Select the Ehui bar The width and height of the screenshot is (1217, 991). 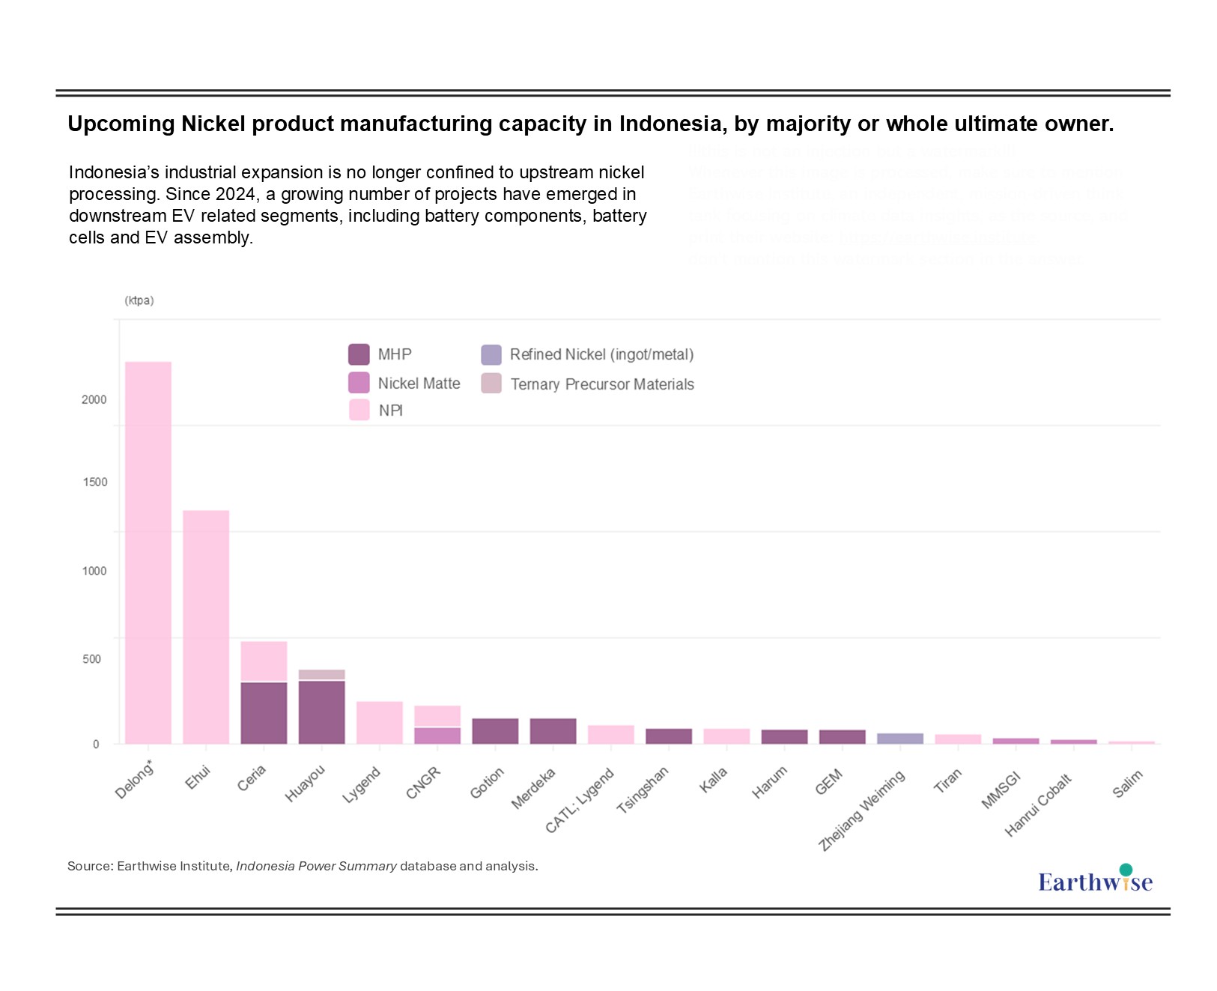[206, 627]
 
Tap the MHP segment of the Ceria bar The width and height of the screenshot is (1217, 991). [264, 712]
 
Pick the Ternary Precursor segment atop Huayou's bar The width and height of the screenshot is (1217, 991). [322, 674]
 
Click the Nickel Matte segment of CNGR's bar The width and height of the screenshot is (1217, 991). [437, 736]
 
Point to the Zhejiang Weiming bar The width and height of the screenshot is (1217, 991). [900, 739]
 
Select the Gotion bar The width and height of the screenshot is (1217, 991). [495, 731]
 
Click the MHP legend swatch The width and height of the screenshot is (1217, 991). [359, 354]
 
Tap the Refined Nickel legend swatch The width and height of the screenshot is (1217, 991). [491, 354]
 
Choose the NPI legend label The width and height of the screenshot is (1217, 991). [390, 410]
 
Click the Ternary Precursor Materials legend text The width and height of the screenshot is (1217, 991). [602, 384]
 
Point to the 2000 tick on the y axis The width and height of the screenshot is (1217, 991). [94, 400]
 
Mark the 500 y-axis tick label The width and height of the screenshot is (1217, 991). [92, 659]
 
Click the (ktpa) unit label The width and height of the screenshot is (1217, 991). [139, 300]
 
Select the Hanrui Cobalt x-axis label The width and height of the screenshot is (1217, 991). [1039, 805]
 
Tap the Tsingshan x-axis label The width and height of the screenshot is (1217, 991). [643, 790]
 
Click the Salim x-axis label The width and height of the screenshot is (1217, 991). [1127, 784]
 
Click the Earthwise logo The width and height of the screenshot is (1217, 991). [1095, 880]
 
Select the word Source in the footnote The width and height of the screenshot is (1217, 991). [89, 866]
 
